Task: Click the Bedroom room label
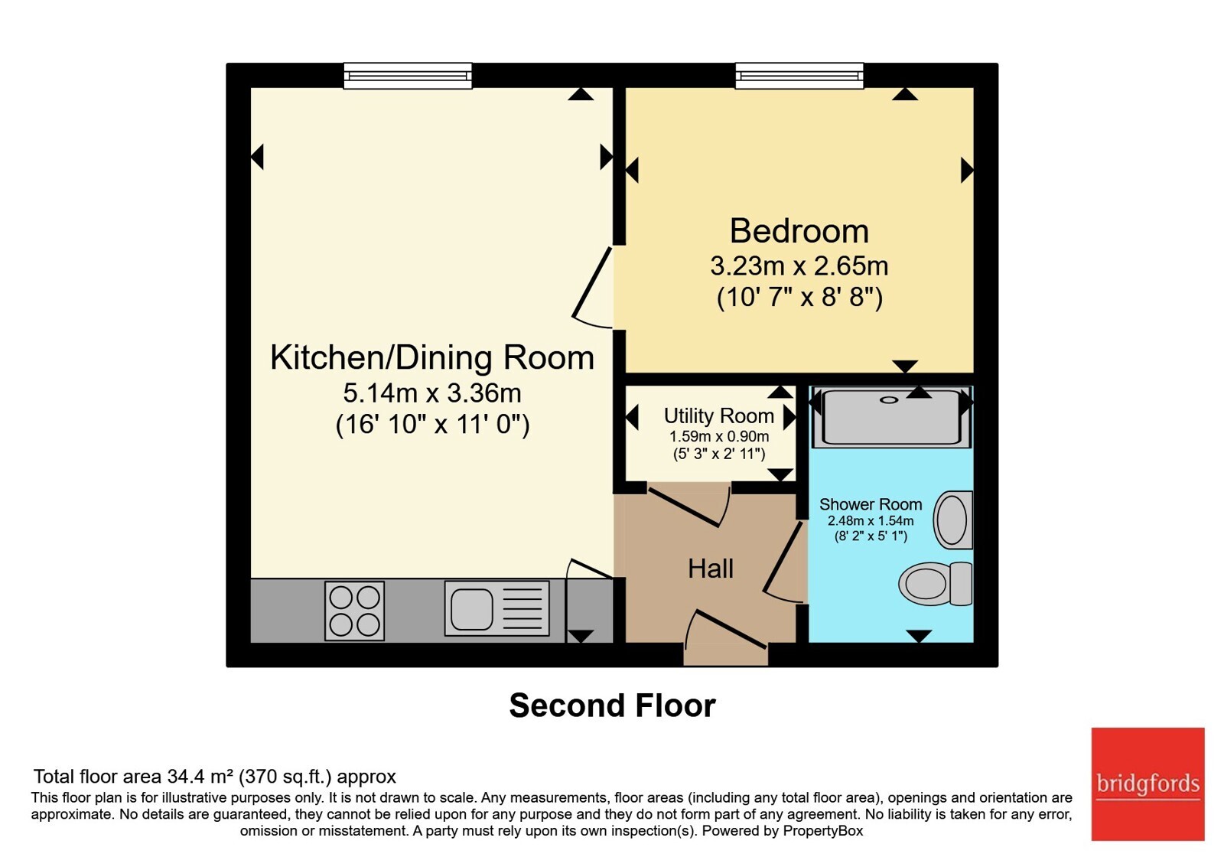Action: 799,231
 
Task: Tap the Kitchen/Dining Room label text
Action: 431,358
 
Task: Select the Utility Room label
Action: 718,416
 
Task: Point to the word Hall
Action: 711,569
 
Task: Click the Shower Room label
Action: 871,504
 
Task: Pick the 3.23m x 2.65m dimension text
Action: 799,266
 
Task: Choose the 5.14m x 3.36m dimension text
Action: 431,393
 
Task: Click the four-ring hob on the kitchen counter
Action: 355,611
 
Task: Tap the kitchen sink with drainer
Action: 496,608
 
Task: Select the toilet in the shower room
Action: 935,584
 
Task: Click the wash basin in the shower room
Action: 953,520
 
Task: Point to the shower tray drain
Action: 888,400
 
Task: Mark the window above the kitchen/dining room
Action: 408,76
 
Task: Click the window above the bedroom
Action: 799,76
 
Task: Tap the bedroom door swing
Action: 592,288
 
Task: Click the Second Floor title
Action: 613,705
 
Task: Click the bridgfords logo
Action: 1148,784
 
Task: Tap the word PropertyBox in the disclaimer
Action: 823,831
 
